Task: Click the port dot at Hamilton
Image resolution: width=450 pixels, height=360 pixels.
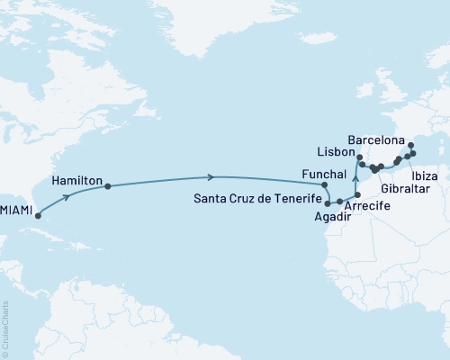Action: tap(108, 187)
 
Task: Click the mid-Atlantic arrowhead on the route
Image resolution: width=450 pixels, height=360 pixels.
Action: tap(211, 176)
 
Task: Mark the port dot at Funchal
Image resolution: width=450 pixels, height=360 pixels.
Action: tap(324, 184)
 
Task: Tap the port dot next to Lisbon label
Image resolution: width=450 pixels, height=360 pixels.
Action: tap(359, 163)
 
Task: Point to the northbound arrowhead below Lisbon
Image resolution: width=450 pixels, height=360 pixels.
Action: tap(357, 181)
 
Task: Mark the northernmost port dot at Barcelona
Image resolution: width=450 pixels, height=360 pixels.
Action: tap(410, 145)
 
